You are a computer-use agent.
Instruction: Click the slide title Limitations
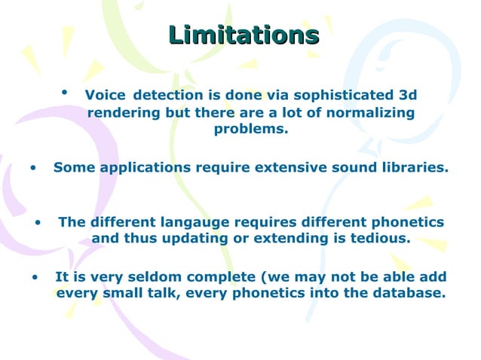[244, 35]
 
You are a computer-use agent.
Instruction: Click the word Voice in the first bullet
[101, 96]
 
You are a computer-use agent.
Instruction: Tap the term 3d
[407, 96]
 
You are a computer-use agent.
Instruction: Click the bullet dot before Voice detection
[66, 93]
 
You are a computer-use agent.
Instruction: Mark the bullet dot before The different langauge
[38, 223]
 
